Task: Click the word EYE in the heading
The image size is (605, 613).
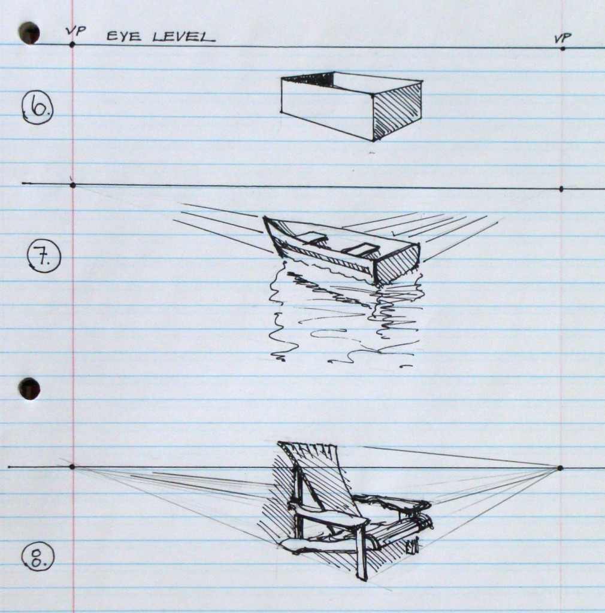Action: (124, 37)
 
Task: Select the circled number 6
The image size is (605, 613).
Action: (38, 109)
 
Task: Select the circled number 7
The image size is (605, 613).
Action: (44, 259)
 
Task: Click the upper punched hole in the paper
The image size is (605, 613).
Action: (29, 33)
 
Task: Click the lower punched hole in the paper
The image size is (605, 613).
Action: (29, 389)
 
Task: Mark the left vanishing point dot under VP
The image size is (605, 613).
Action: (72, 45)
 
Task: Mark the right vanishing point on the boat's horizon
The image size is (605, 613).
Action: (561, 189)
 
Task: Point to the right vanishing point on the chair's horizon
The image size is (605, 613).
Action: (559, 468)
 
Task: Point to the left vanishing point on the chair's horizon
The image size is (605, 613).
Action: (72, 466)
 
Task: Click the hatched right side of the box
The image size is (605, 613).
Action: (397, 111)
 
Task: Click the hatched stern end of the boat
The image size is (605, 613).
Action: (397, 264)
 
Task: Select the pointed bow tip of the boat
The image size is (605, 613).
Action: (265, 219)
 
